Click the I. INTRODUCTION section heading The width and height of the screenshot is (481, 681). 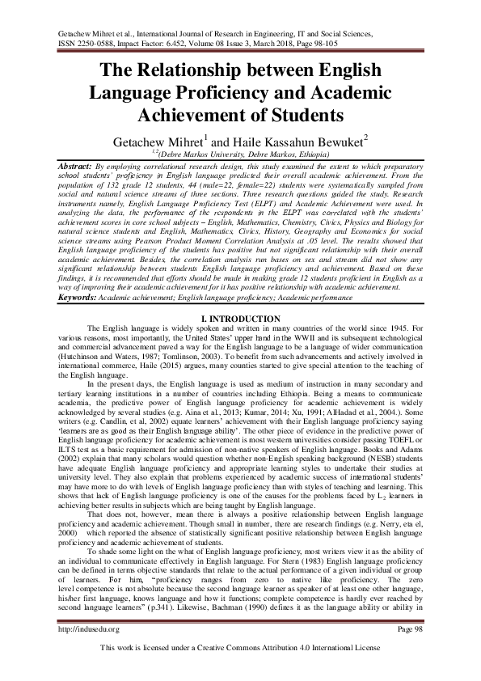click(x=240, y=319)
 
